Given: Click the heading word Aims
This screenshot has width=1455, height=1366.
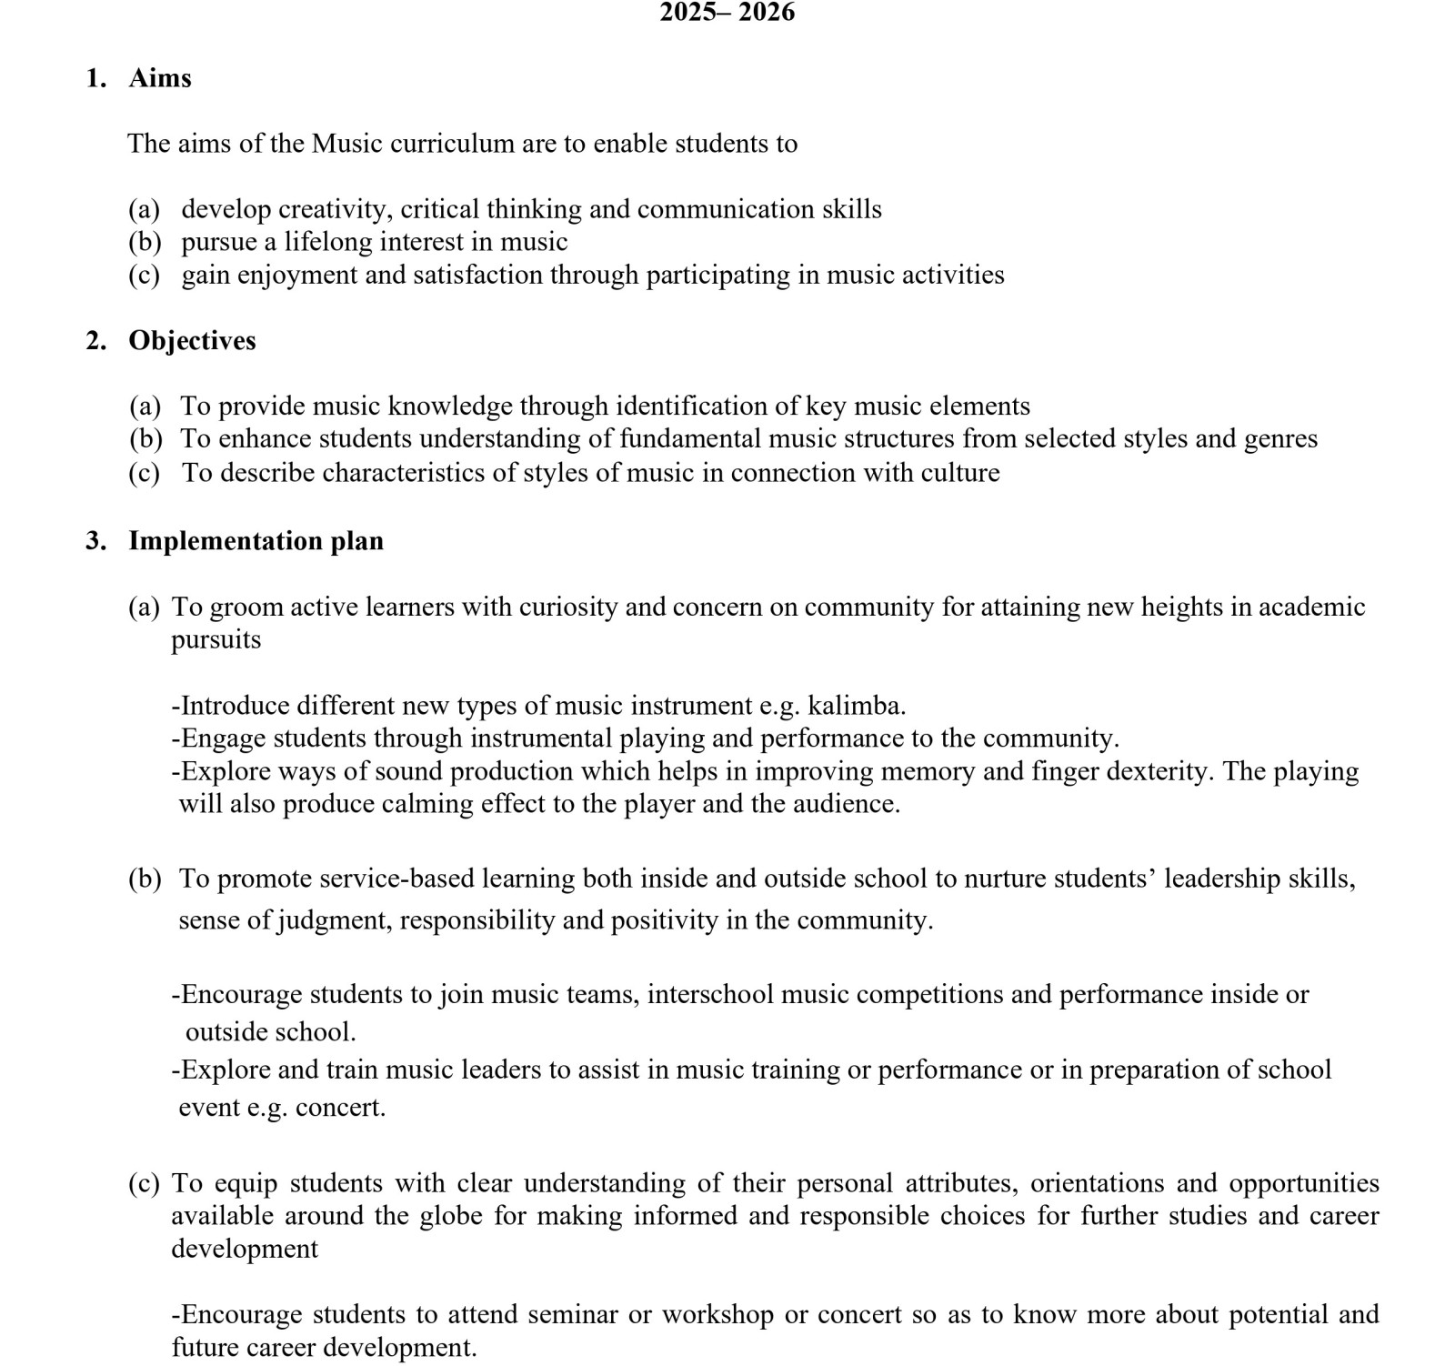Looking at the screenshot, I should [x=160, y=78].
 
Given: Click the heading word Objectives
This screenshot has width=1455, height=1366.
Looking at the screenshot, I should [x=192, y=341].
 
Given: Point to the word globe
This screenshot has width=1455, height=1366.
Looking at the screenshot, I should [x=451, y=1216].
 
